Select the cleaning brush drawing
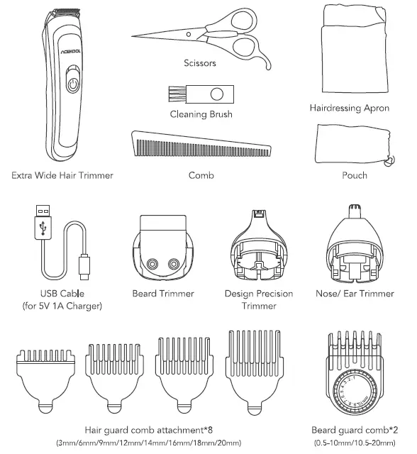pyautogui.click(x=201, y=92)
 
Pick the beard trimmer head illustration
pyautogui.click(x=163, y=254)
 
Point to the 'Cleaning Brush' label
pyautogui.click(x=201, y=114)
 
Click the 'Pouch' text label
pyautogui.click(x=354, y=175)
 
